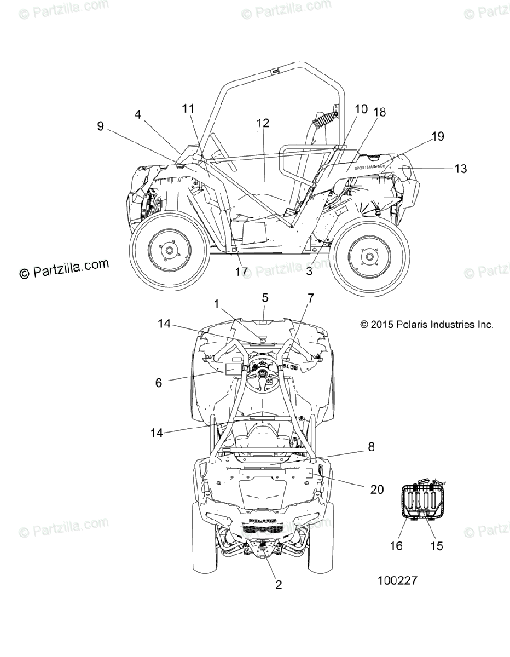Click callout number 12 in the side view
coord(263,123)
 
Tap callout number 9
coord(100,126)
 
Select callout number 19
coord(437,136)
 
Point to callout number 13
coord(461,169)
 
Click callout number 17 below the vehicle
coord(241,272)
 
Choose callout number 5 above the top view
coord(265,298)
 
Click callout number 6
coord(159,383)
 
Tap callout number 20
coord(377,489)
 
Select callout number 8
coord(371,447)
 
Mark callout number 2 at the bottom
coord(279,585)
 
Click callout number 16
coord(396,545)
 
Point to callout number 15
coord(436,545)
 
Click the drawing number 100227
coord(397,580)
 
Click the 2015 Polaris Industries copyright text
coord(427,325)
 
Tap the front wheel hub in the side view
coord(170,251)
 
